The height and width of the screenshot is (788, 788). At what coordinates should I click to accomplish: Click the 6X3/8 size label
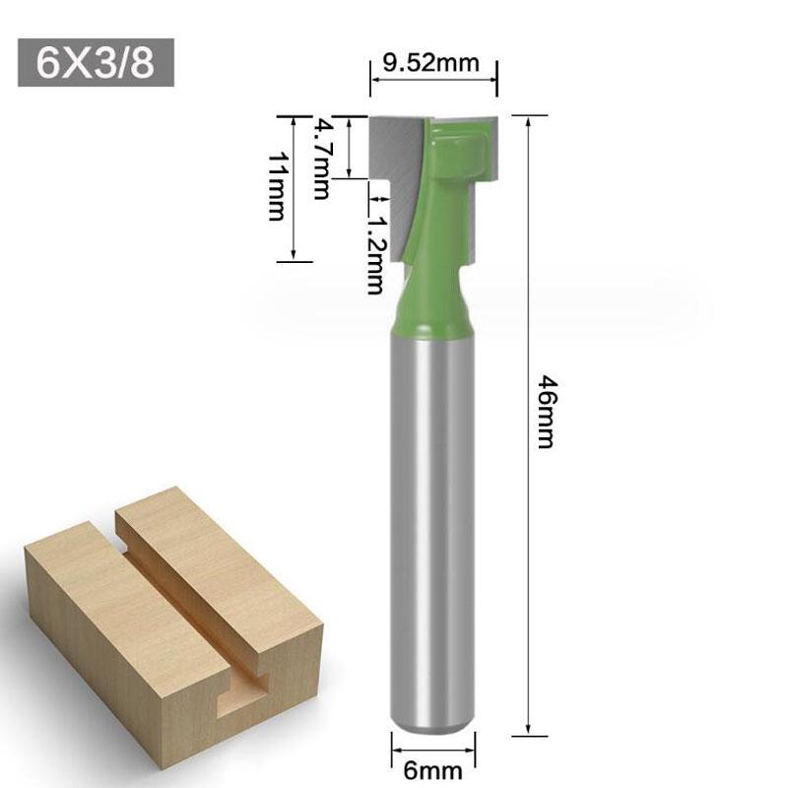[95, 64]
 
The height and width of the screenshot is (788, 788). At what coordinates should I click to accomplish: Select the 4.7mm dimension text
[320, 159]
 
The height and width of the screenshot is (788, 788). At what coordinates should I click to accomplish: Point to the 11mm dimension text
[277, 186]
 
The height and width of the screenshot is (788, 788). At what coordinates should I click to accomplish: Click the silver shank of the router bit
[427, 522]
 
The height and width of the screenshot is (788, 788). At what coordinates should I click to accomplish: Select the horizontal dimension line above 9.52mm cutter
[433, 85]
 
